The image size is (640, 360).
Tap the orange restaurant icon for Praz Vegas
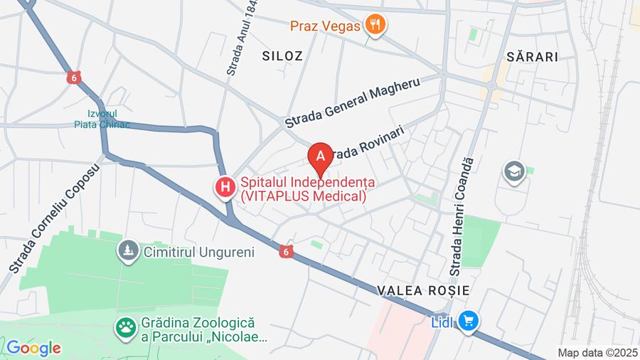pos(375,26)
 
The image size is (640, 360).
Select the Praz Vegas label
pos(326,26)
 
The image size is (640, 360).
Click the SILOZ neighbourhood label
pos(282,55)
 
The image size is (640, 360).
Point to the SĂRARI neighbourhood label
pos(532,57)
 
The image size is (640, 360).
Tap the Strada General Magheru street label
pos(352,102)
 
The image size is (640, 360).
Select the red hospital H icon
pos(225,188)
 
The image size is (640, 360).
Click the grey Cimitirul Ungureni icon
pos(128,250)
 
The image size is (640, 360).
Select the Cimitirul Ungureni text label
pos(198,251)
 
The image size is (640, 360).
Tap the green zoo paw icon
pos(127,328)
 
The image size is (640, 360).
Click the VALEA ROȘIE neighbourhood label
pos(423,290)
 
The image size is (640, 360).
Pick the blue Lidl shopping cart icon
pos(467,321)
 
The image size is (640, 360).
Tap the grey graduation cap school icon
pos(512,171)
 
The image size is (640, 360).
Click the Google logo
pos(33,348)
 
